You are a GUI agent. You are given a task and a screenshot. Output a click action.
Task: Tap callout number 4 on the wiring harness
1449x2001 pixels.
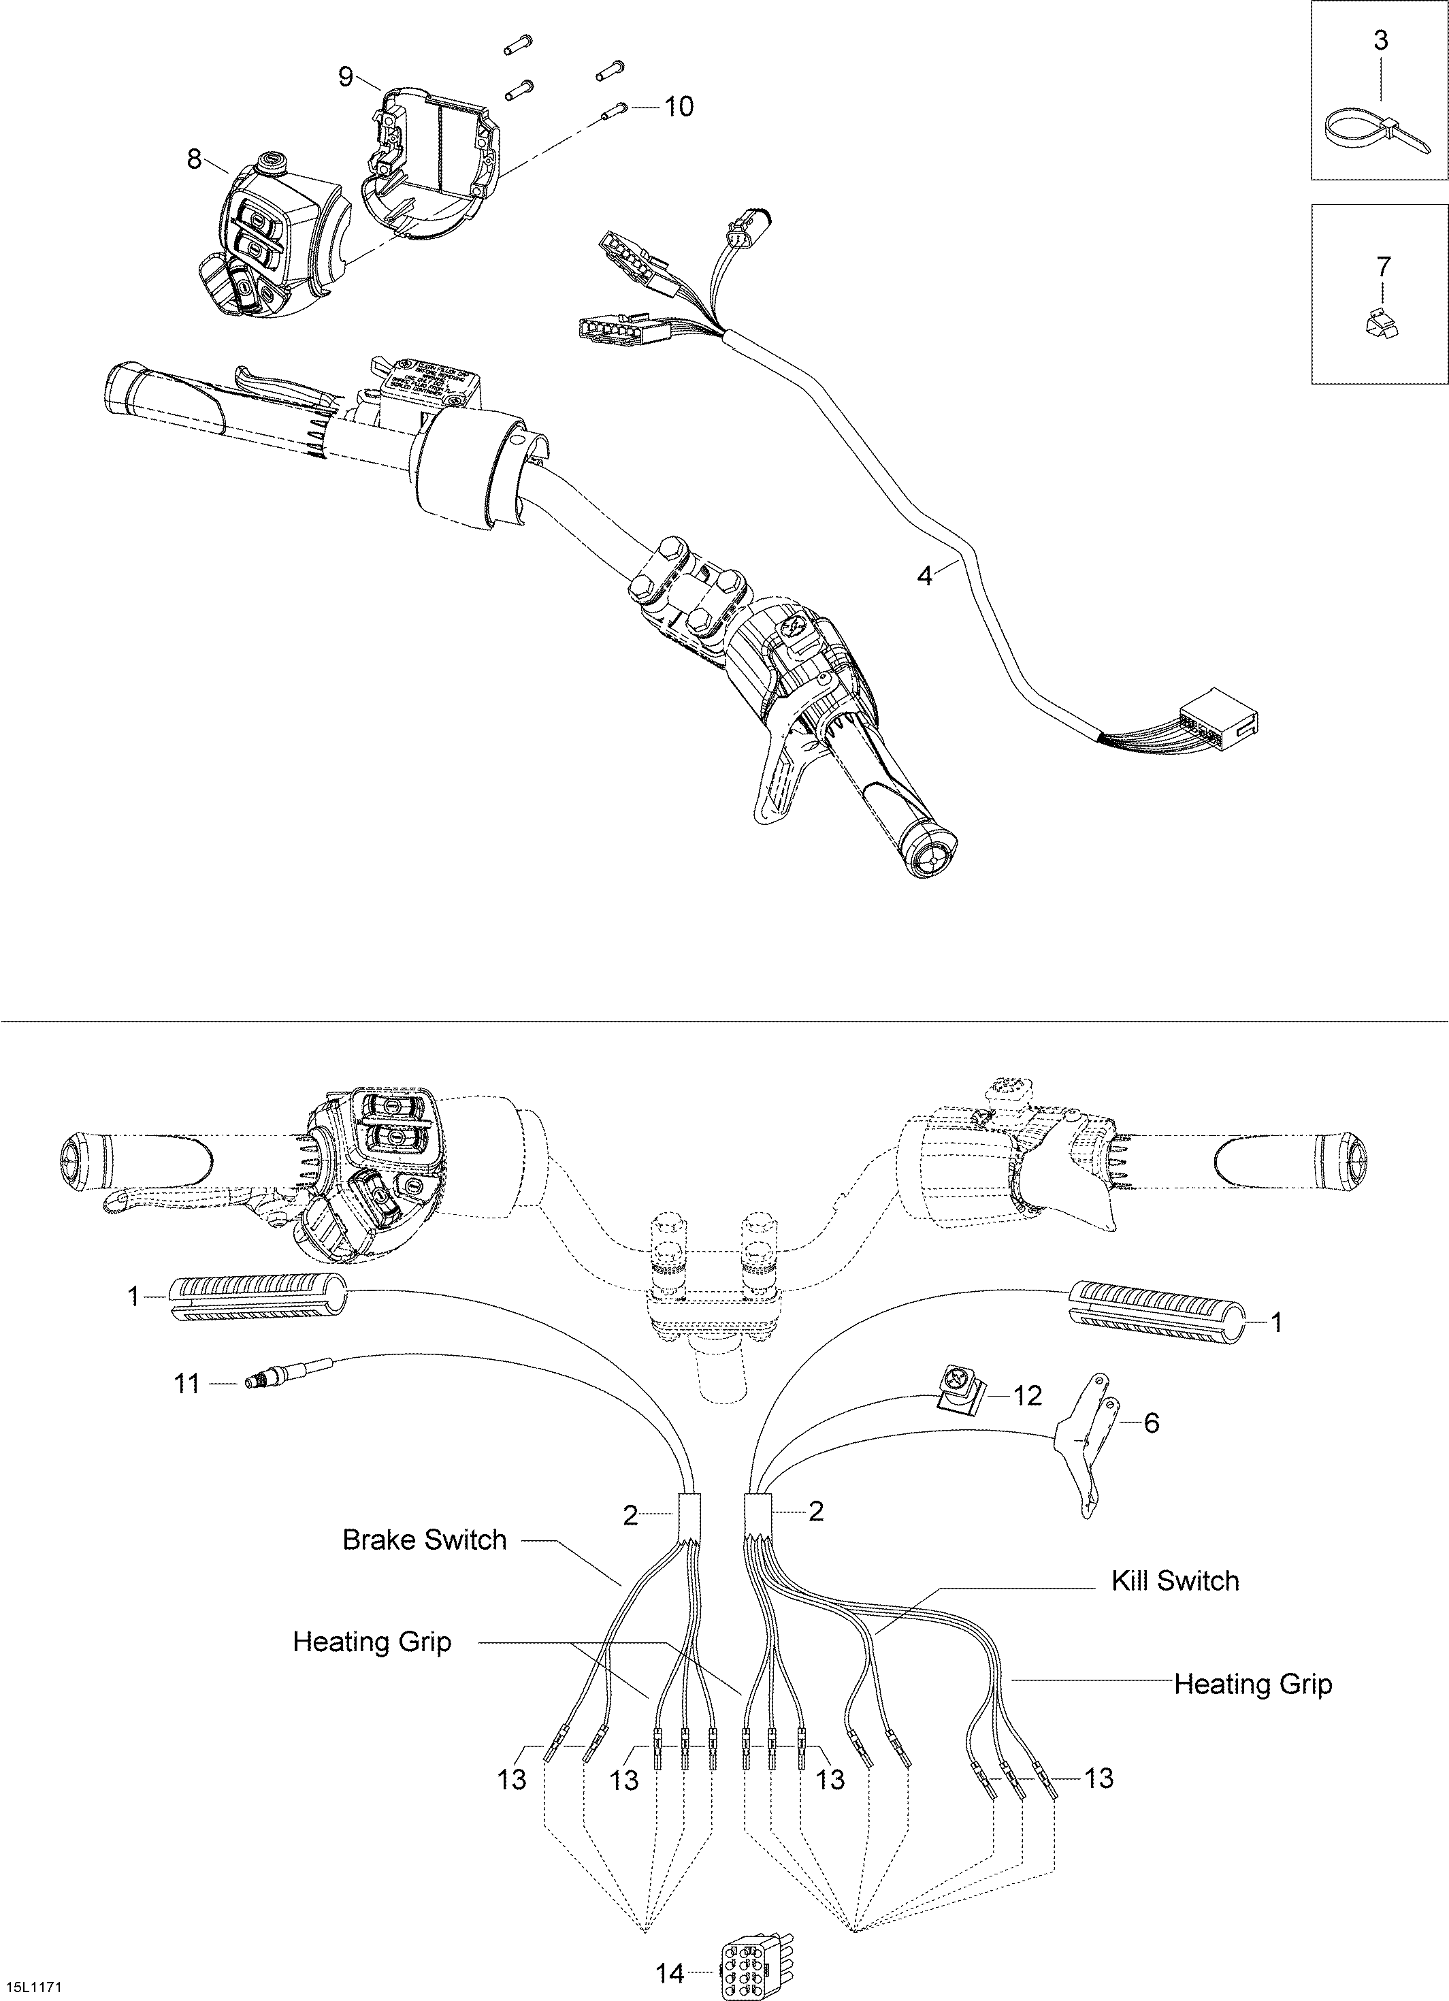[924, 576]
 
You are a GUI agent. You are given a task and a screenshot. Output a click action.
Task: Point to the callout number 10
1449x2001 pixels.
[678, 107]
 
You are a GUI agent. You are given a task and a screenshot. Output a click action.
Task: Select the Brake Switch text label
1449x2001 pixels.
[425, 1540]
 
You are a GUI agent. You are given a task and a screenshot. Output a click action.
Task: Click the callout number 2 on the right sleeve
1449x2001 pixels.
[815, 1512]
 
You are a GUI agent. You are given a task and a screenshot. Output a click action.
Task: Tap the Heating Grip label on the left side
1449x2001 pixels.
[372, 1642]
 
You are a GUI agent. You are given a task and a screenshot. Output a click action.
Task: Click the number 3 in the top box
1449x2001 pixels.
[1380, 39]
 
